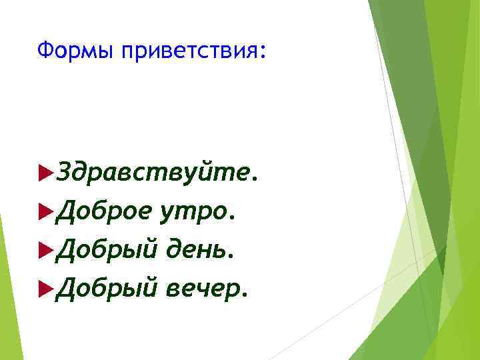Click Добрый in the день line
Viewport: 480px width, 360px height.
click(x=106, y=250)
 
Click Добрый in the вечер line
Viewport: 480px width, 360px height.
click(x=106, y=287)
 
